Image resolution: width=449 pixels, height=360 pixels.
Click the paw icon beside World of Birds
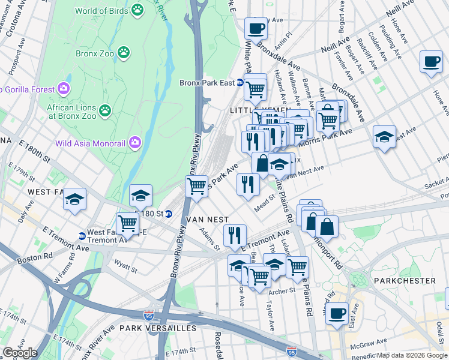[138, 10]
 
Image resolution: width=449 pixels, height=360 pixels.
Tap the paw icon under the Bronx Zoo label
[124, 53]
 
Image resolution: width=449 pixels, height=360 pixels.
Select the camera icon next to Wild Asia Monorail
[135, 142]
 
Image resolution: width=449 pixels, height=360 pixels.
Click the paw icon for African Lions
[106, 110]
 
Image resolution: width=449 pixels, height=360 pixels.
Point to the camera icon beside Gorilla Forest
[64, 89]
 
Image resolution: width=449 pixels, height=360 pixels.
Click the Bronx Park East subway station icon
[240, 83]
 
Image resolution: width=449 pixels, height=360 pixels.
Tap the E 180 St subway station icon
[169, 214]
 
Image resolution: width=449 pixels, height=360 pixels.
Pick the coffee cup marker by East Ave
[337, 313]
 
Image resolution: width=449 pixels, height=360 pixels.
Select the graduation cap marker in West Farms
[75, 199]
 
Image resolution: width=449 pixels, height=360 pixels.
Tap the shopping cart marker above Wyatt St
[127, 224]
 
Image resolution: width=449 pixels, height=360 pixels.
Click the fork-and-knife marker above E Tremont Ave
[234, 235]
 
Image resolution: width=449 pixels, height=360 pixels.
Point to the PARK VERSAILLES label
[157, 328]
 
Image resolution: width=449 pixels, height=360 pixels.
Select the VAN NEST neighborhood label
[207, 220]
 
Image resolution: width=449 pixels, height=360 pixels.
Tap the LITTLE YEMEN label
[252, 110]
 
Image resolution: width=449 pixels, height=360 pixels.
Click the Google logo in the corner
[20, 352]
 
